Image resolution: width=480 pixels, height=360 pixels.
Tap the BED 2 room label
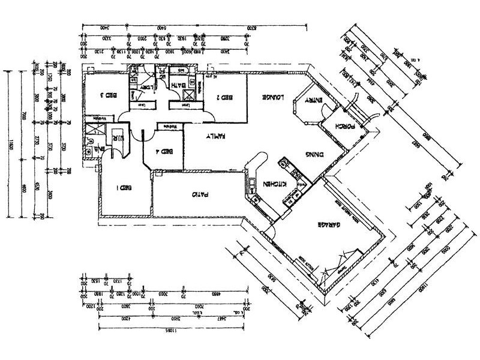224,97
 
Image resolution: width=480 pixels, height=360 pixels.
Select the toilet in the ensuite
89,141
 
